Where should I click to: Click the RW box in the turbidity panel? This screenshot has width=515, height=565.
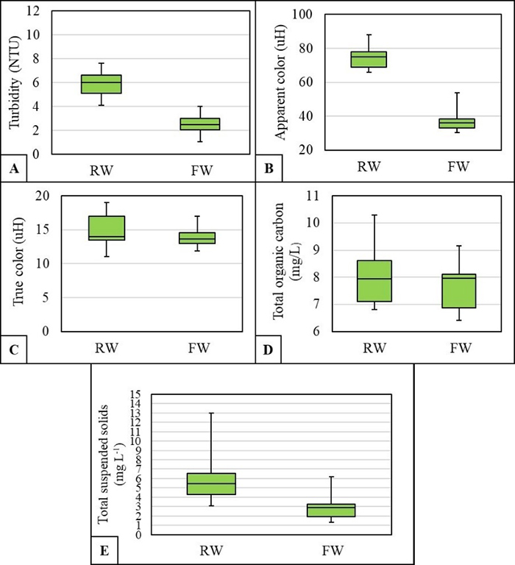[x=101, y=84]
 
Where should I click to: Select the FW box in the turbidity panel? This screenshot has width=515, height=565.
[x=199, y=124]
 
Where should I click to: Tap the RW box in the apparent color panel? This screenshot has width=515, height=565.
[x=369, y=59]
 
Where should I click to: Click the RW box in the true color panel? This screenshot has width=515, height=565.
[x=106, y=228]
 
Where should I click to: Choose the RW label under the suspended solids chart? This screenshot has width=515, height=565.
[x=211, y=550]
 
